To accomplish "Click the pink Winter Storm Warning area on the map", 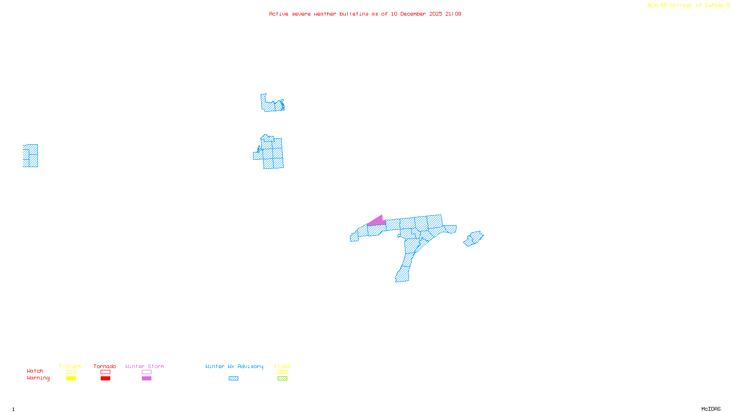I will [377, 222].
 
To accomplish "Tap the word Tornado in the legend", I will [105, 366].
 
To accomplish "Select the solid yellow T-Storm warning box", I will [71, 379].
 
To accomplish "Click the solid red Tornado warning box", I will [105, 379].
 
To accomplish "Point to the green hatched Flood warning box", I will [282, 379].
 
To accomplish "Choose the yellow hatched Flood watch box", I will [282, 372].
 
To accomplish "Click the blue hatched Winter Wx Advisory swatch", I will [233, 379].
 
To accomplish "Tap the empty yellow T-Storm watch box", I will [71, 372].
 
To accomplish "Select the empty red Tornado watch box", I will [105, 372].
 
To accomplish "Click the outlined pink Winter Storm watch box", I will [146, 372].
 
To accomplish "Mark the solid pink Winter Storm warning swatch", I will [146, 379].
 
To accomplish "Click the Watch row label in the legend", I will [35, 371].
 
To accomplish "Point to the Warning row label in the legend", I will [38, 378].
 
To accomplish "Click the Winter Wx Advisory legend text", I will [234, 366].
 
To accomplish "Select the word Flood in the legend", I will [282, 366].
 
